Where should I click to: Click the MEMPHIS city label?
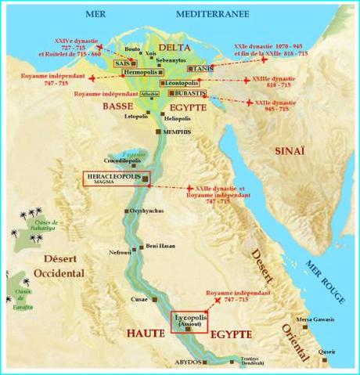tap(177, 134)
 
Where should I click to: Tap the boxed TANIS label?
tap(201, 68)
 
